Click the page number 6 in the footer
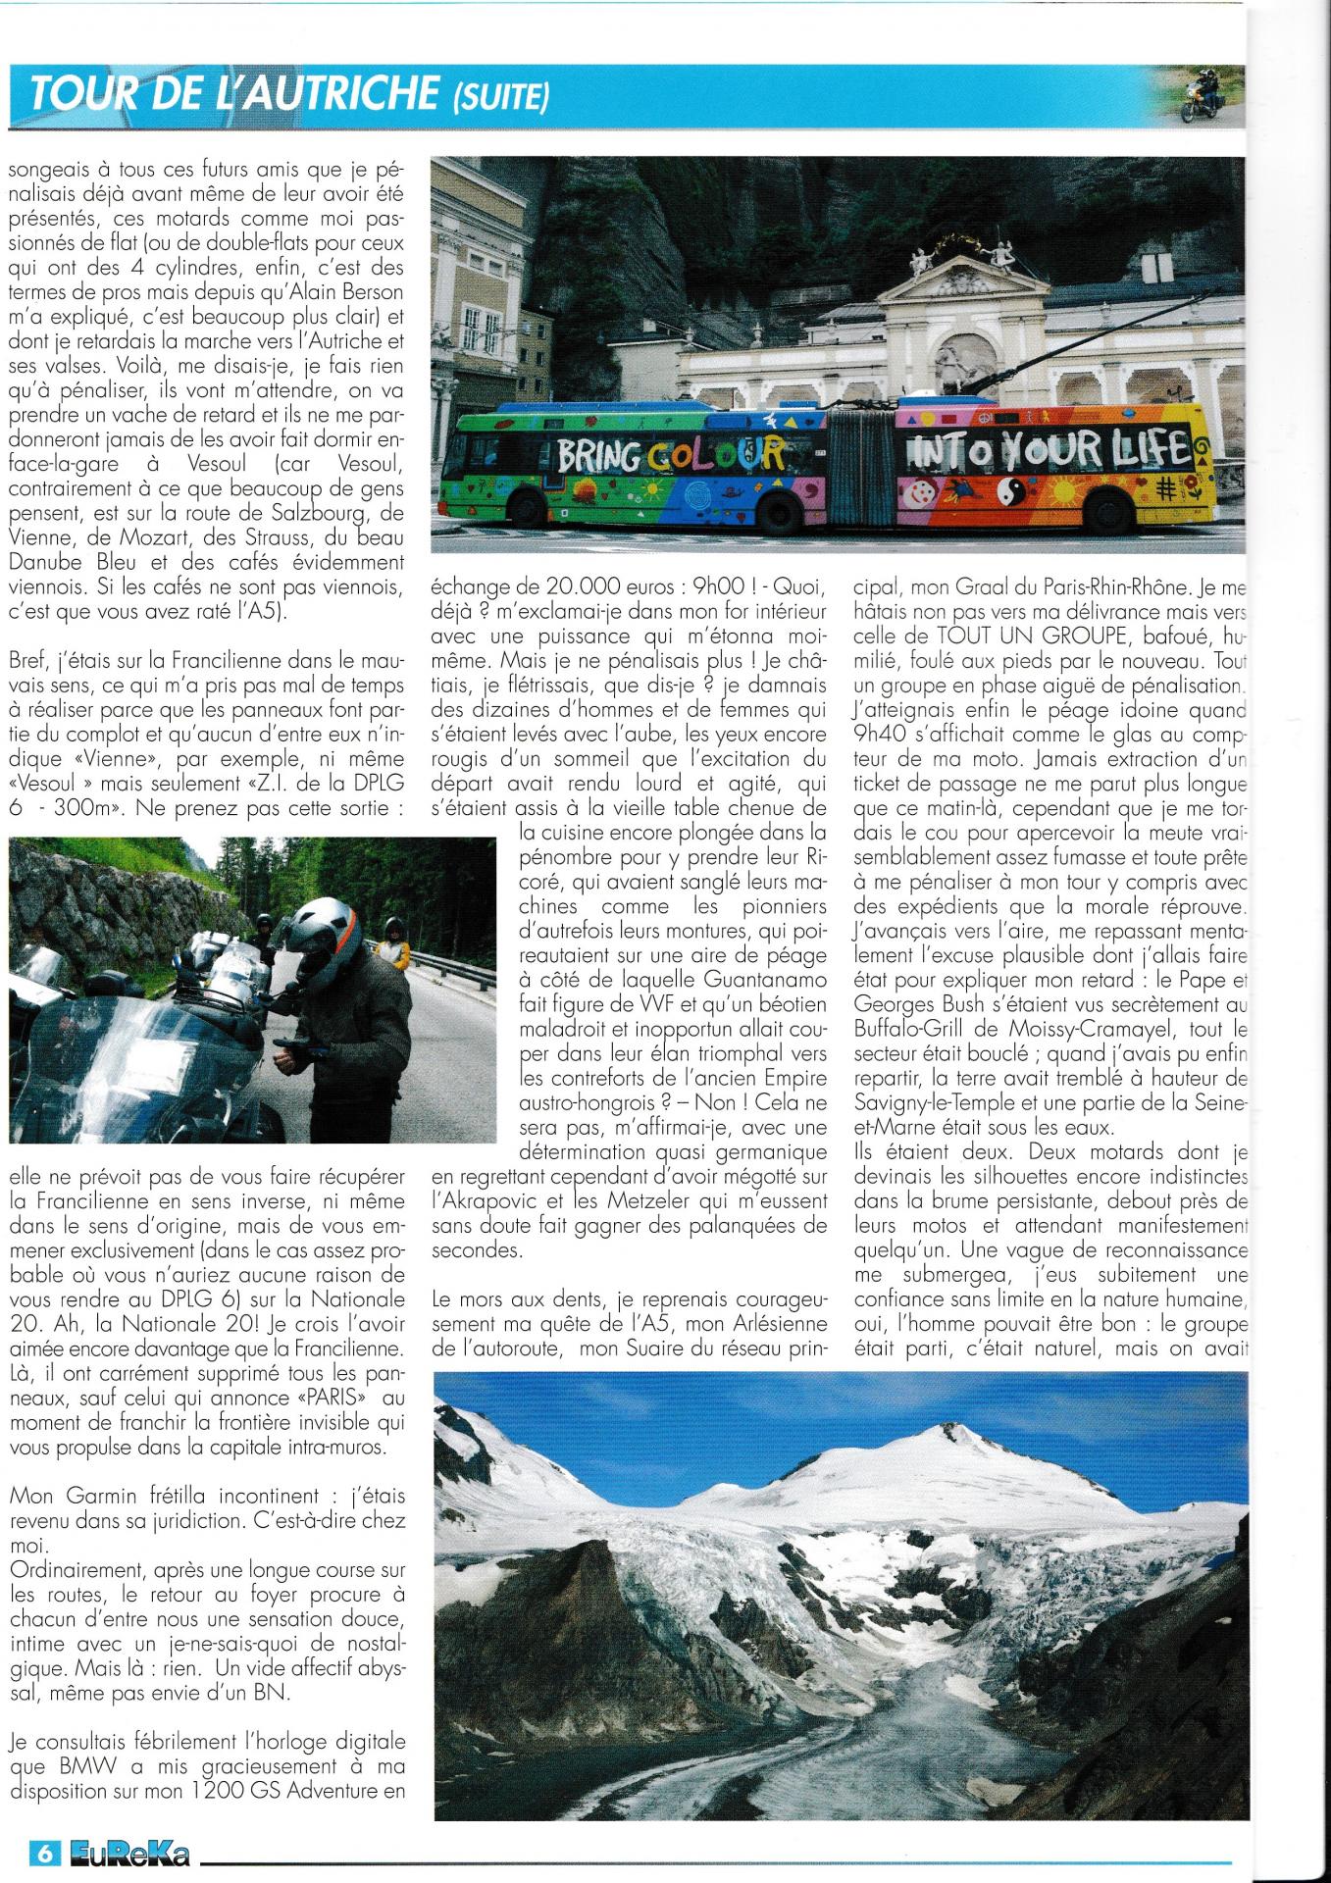pyautogui.click(x=45, y=1853)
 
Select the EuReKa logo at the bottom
pyautogui.click(x=128, y=1853)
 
